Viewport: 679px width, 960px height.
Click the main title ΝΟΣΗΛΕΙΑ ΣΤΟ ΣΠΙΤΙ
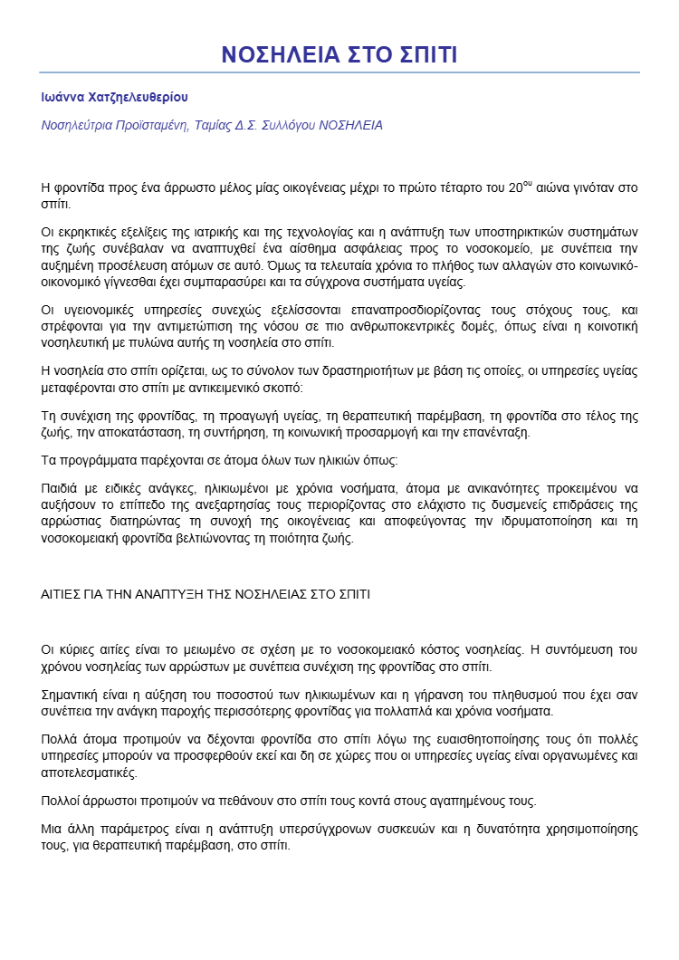(339, 54)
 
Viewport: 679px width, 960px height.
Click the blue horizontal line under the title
(339, 72)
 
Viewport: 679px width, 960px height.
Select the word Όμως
(371, 267)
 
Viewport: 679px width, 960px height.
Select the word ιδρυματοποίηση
(530, 522)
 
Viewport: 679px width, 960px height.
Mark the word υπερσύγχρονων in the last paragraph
(337, 829)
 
